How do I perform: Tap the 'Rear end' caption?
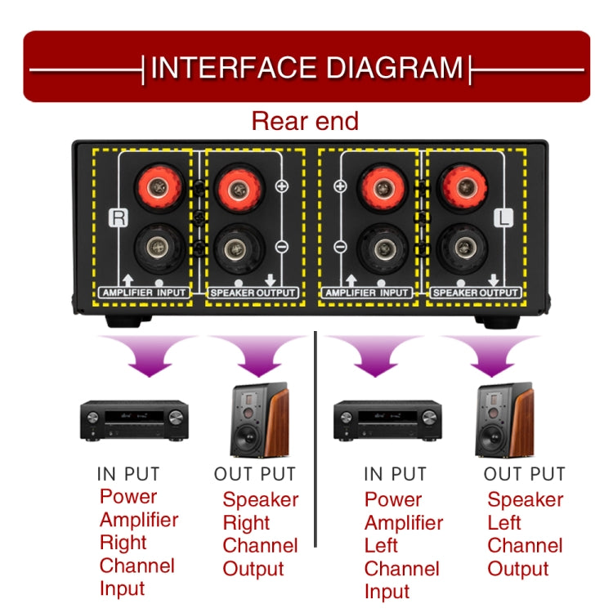pos(305,121)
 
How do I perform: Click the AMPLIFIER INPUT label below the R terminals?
pos(145,292)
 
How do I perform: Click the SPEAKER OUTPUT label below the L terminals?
pos(475,292)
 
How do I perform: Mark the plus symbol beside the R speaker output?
pos(282,186)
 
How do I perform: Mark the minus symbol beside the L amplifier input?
pos(341,246)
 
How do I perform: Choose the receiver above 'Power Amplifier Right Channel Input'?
pos(133,422)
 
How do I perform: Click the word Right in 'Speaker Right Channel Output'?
pos(246,522)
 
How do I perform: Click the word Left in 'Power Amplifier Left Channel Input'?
pos(382,545)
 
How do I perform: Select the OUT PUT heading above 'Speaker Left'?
pos(524,473)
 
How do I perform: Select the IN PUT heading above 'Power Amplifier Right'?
pos(128,473)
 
